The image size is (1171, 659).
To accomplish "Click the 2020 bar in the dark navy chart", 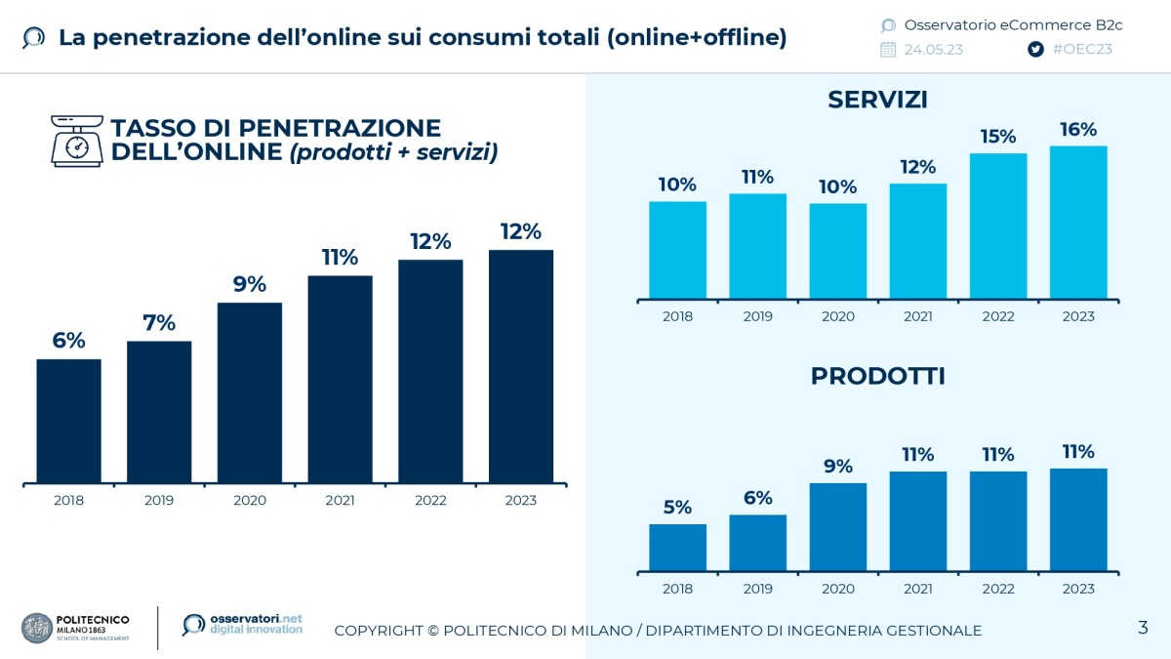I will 250,392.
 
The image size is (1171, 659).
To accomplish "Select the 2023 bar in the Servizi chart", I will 1078,223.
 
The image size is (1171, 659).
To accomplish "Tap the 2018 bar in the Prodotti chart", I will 677,548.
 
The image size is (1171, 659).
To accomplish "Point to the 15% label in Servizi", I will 998,137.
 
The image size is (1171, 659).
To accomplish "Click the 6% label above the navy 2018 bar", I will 68,341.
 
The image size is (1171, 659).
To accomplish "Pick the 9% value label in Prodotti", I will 837,466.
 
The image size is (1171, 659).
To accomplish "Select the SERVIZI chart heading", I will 877,100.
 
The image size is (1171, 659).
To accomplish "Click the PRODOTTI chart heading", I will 877,376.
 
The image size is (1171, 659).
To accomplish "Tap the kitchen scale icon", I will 76,141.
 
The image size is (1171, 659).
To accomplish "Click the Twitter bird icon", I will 1035,49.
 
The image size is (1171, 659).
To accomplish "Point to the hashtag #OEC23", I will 1083,49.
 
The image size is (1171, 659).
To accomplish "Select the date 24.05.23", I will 933,49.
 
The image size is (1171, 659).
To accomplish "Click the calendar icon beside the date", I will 888,49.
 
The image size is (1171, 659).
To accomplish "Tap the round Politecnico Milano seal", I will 37,628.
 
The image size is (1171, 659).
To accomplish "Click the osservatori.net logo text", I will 256,624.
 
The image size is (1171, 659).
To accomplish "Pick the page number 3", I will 1143,627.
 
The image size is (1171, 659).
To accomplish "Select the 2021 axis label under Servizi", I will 917,316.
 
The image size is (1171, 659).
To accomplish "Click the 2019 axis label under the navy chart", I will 159,501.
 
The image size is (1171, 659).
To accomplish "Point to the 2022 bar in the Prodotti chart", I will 998,521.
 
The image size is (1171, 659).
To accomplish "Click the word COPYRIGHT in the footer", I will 377,631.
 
